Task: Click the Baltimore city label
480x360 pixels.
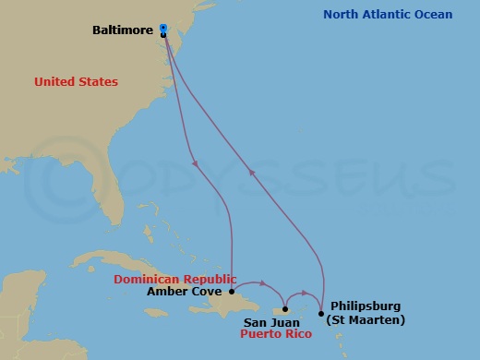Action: click(x=124, y=30)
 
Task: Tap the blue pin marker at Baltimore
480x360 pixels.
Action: click(x=163, y=30)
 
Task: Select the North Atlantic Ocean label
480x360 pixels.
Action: click(x=388, y=14)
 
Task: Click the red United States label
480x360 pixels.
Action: click(x=76, y=82)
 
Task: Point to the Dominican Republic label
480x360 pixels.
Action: click(x=174, y=279)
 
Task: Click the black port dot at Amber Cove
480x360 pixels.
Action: click(x=231, y=291)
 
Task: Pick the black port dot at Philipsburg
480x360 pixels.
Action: click(x=320, y=299)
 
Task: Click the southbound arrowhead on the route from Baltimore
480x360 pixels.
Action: click(x=197, y=164)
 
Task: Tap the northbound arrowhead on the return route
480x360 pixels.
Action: click(x=251, y=170)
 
